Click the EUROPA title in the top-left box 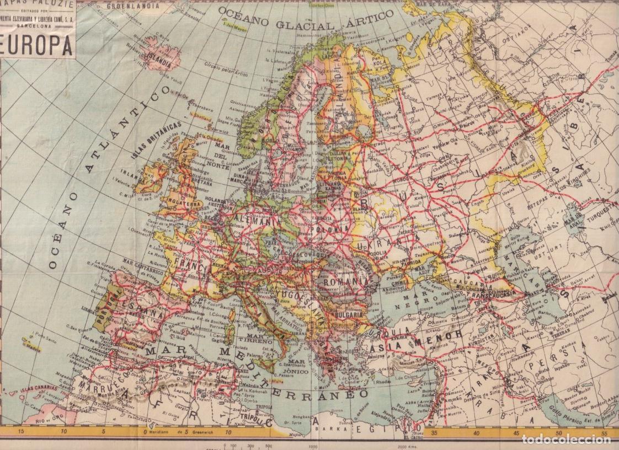pos(38,47)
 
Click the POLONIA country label pos(330,227)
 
